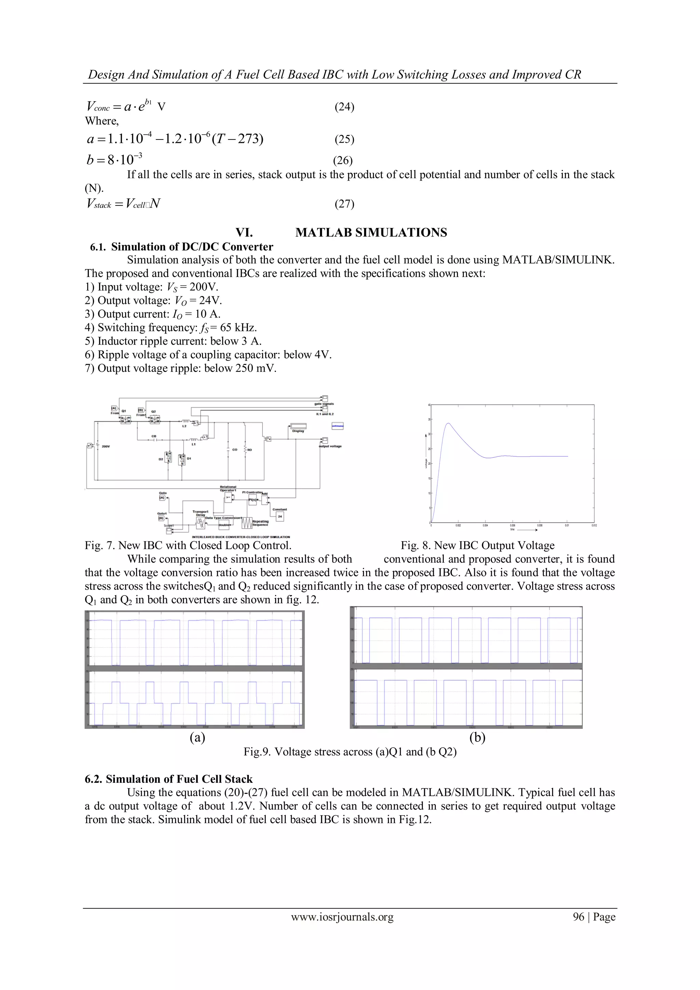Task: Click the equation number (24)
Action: [x=345, y=107]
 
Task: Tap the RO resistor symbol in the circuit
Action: [x=245, y=450]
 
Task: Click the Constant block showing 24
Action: [x=280, y=517]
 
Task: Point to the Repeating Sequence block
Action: [x=247, y=523]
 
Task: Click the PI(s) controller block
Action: [x=253, y=500]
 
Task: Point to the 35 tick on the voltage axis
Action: [x=430, y=419]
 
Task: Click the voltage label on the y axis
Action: [x=426, y=463]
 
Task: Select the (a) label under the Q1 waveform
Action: [x=198, y=737]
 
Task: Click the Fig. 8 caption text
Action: [x=477, y=546]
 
